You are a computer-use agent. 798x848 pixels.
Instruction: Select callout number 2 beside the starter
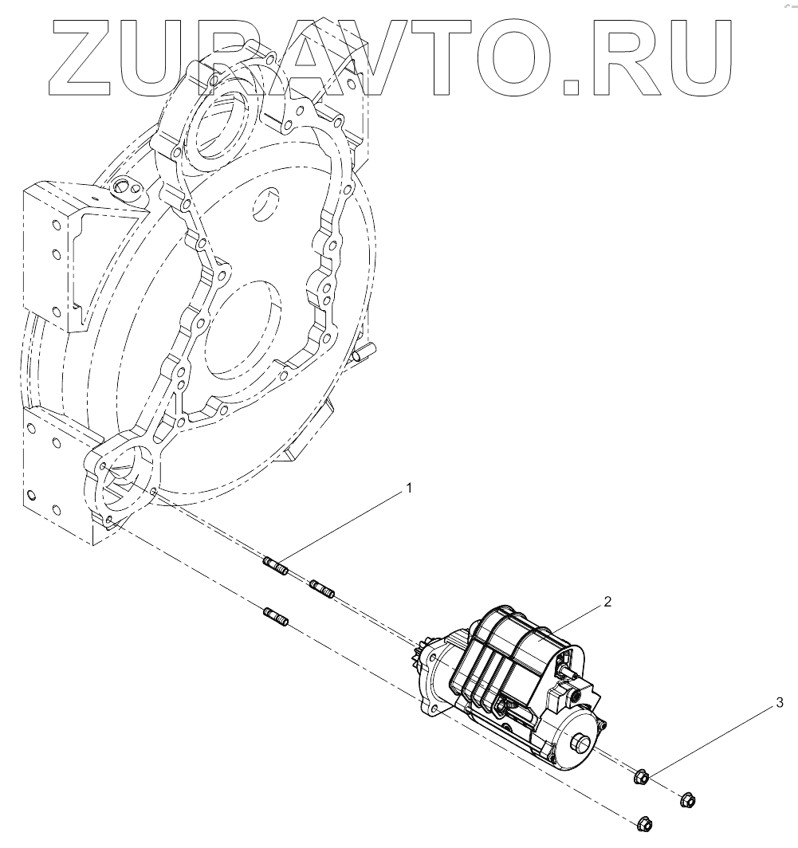608,603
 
